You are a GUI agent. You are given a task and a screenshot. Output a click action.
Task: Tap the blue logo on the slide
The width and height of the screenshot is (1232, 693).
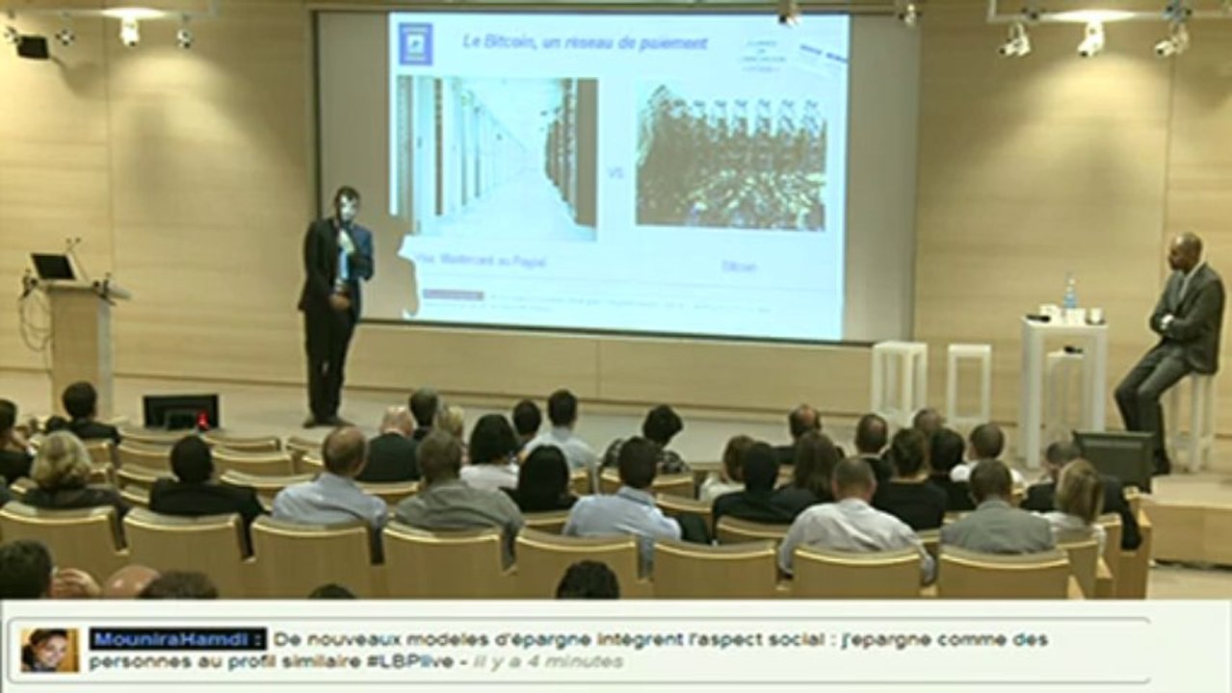(x=415, y=44)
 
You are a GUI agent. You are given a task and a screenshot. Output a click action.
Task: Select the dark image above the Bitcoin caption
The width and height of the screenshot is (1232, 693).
(x=730, y=158)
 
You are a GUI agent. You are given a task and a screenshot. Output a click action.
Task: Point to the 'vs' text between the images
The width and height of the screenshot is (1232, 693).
(x=616, y=174)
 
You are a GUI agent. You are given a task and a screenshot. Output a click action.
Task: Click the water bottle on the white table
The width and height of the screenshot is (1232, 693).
(x=1069, y=294)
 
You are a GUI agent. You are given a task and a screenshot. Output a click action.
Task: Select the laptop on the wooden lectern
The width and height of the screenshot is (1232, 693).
(x=53, y=267)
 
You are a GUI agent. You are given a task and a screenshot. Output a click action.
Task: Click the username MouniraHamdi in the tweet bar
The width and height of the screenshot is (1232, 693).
(x=177, y=639)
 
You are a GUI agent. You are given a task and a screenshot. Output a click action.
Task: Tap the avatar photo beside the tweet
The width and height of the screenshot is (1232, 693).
(x=49, y=650)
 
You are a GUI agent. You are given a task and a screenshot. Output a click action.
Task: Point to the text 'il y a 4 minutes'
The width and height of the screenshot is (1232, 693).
(x=549, y=662)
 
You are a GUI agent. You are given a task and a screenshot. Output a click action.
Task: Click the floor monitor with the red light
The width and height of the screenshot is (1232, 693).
(x=180, y=412)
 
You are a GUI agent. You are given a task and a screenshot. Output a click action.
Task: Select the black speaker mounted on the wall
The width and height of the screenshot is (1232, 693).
(x=33, y=46)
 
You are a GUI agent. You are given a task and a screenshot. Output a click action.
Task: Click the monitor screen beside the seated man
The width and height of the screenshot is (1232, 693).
(x=1113, y=457)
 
